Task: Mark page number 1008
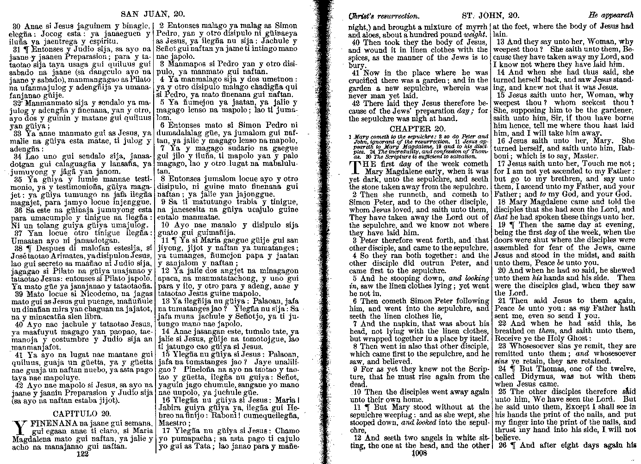click(x=418, y=453)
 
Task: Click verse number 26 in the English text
click(x=503, y=445)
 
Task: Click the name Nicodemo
click(x=72, y=294)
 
